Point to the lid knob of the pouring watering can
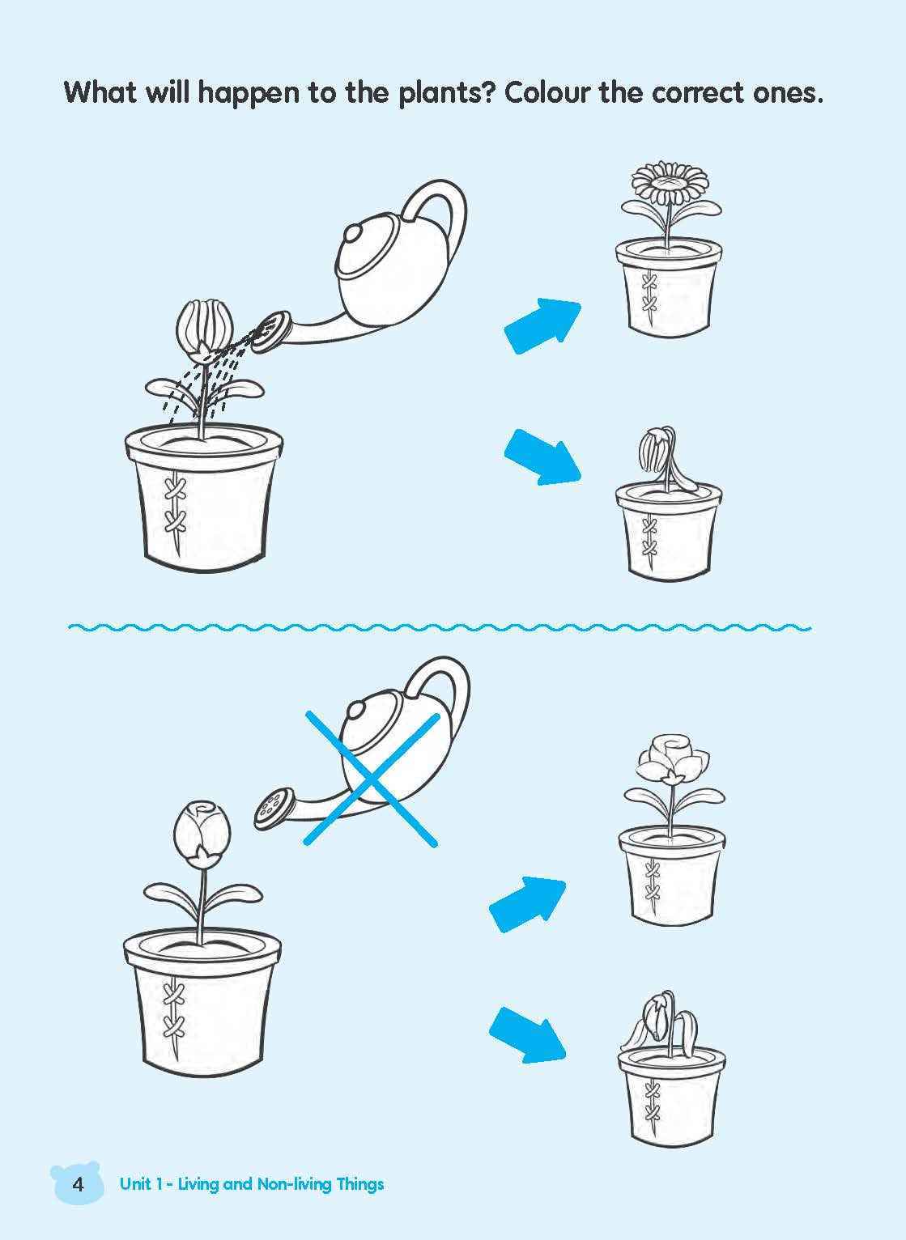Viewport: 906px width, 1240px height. click(352, 232)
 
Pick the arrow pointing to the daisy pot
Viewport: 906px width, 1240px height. click(543, 326)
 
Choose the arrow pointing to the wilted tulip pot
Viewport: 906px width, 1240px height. click(543, 457)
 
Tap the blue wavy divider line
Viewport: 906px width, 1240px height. click(439, 628)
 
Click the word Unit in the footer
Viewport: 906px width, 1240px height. click(136, 1184)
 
